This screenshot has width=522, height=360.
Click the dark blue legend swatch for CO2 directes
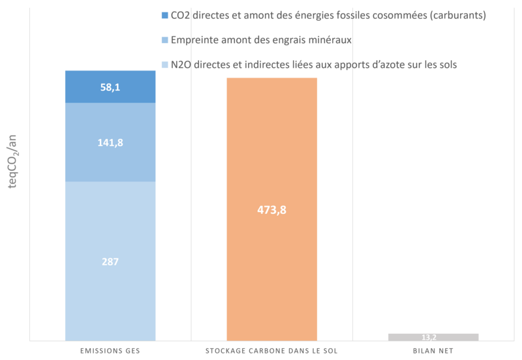[x=164, y=15]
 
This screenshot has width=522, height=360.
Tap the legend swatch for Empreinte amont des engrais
[x=164, y=40]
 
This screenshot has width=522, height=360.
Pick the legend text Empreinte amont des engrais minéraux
[x=261, y=40]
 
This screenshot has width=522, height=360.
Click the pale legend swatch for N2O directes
[x=164, y=65]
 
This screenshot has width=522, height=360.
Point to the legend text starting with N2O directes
[x=313, y=65]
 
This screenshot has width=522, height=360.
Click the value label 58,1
[x=110, y=86]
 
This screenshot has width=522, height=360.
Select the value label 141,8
[x=110, y=142]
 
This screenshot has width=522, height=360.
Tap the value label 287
[x=110, y=262]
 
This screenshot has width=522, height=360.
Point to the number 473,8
[x=272, y=210]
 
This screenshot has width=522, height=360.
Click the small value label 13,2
[x=433, y=337]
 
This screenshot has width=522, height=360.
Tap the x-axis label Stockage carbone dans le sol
[x=271, y=350]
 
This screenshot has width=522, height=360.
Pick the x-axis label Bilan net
[x=433, y=350]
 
